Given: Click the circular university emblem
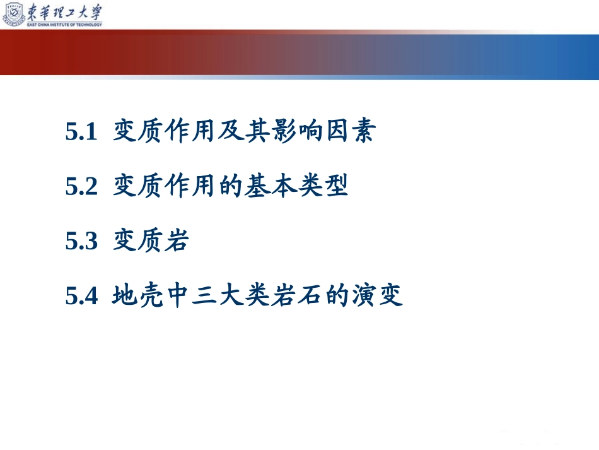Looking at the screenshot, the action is pos(14,15).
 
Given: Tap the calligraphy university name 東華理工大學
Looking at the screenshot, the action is pos(64,12).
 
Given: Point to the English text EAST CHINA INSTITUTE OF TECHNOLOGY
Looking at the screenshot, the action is pos(64,25).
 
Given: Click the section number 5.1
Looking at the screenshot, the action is pos(81,131).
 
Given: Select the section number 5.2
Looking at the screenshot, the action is pos(81,186).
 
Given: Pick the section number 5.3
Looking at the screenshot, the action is pos(81,241).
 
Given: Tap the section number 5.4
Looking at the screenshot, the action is pos(81,295).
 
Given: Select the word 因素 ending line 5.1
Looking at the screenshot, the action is pos(351,131).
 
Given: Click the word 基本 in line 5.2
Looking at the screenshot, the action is pos(270,186).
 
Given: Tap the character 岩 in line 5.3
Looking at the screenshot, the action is pos(177,240).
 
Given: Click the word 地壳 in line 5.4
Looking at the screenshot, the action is pos(137,295).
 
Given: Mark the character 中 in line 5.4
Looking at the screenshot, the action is pos(178,295).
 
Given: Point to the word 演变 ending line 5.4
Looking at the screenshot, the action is pos(376,295).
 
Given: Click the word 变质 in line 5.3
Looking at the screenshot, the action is pos(137,240).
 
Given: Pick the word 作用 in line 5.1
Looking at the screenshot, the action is pos(190,131).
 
